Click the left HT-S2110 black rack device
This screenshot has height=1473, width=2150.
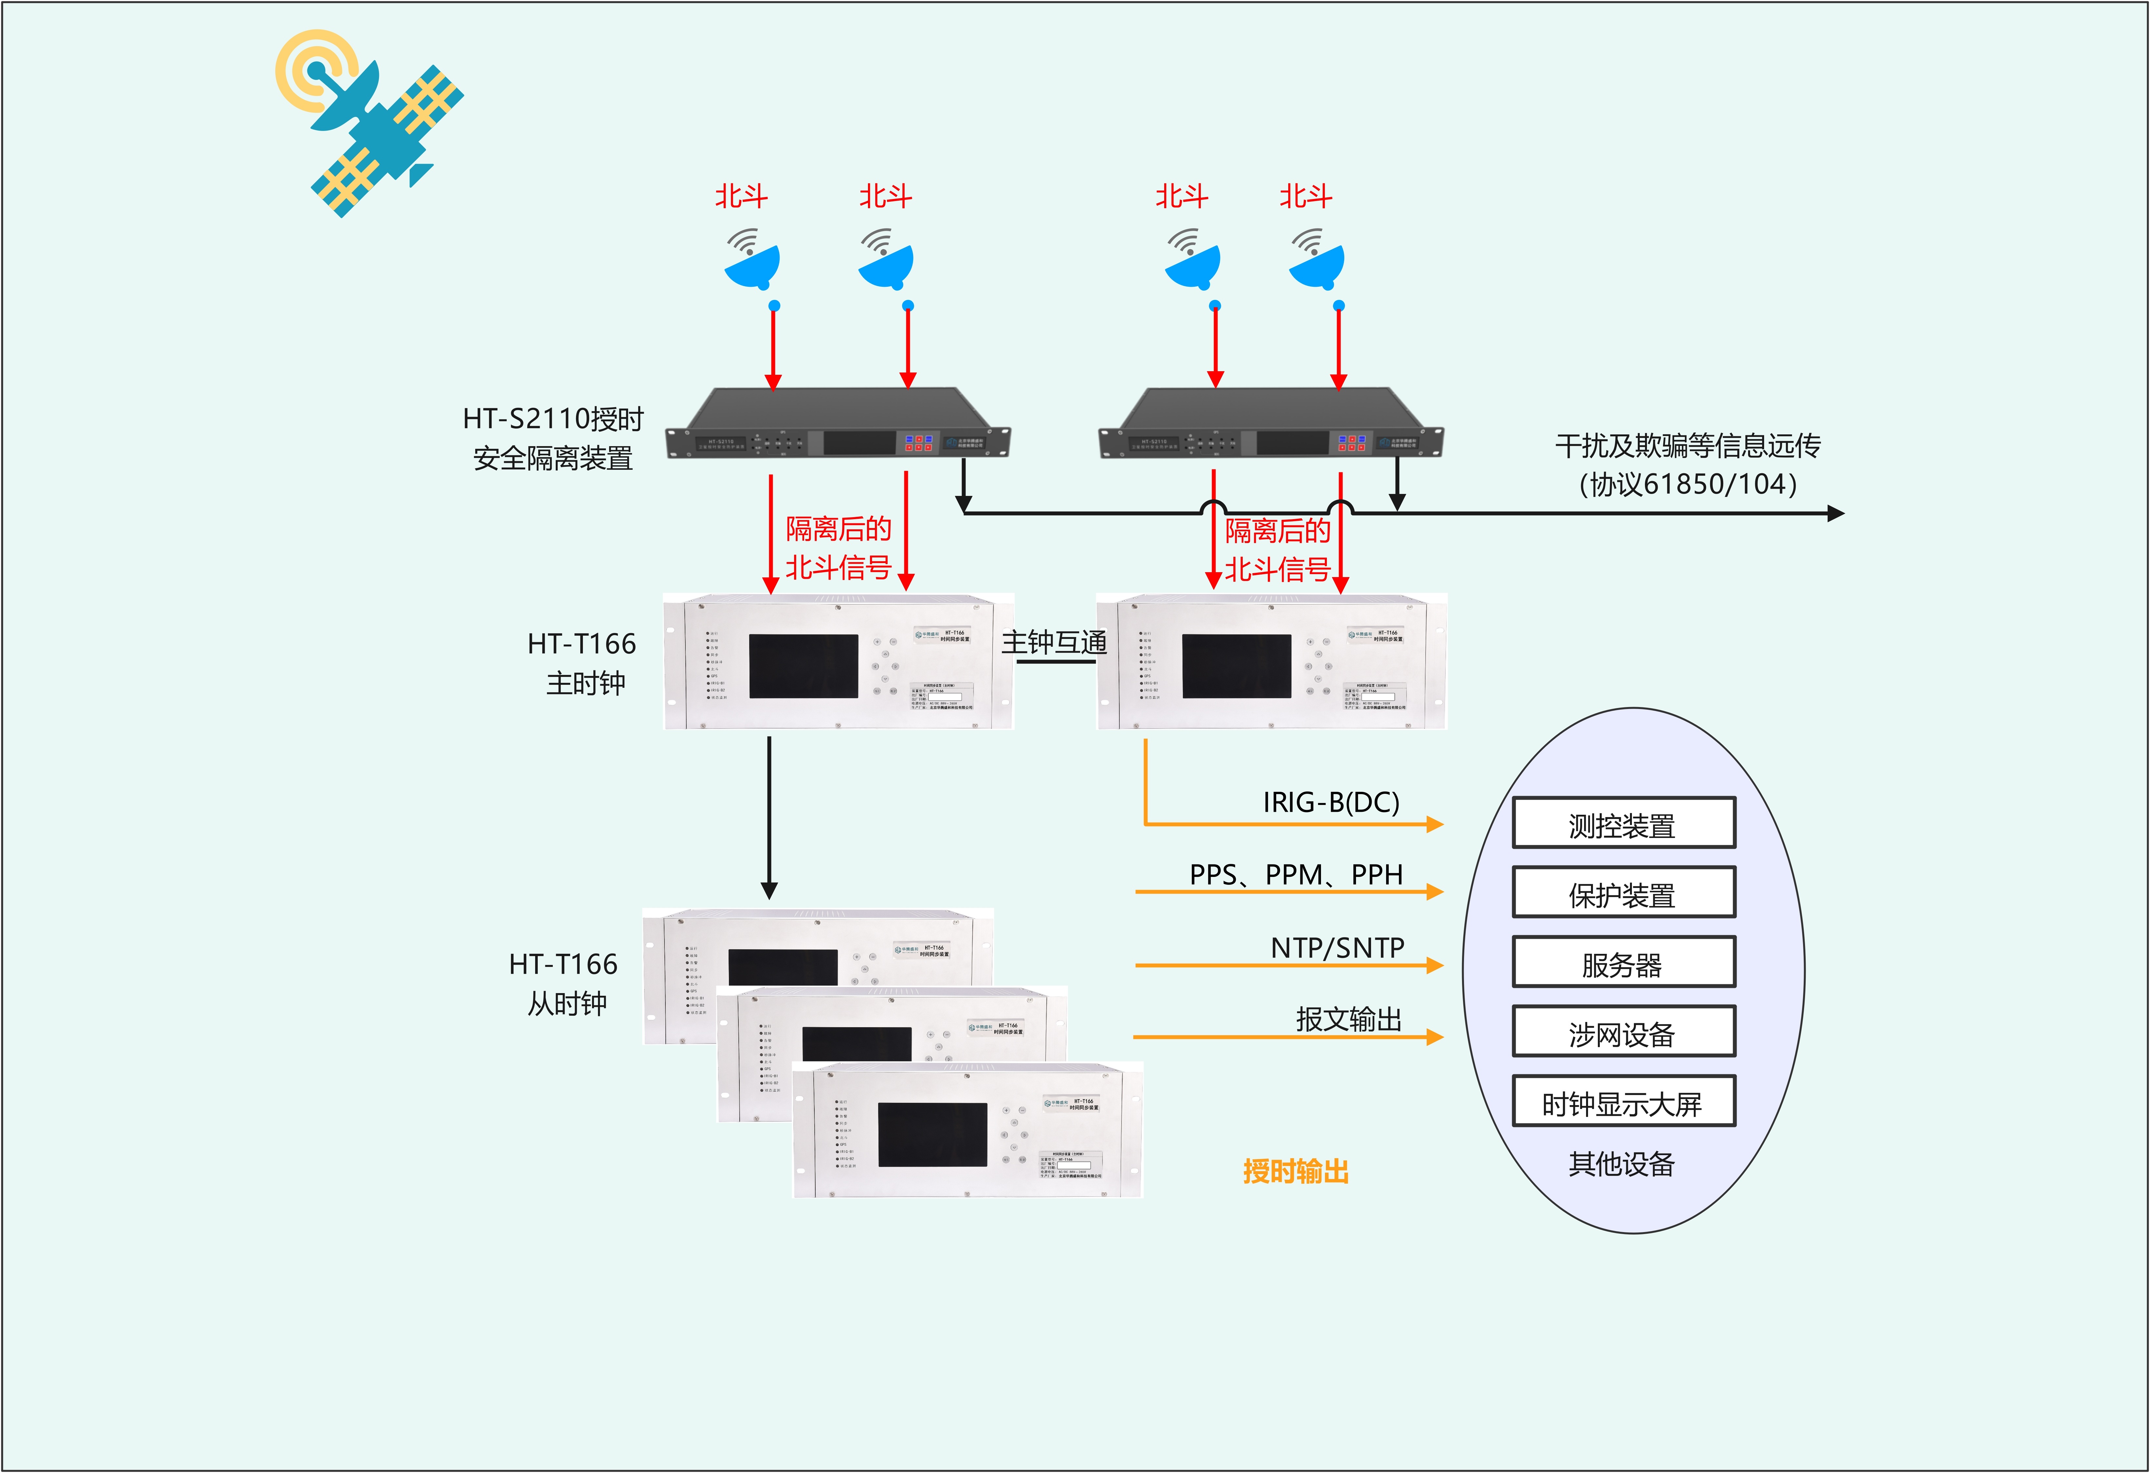click(837, 426)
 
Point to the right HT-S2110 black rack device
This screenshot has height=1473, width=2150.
click(1270, 426)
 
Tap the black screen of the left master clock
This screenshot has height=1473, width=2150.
click(803, 666)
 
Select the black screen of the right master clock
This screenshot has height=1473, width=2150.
click(1236, 666)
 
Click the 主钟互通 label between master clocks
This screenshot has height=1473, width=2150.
click(1054, 642)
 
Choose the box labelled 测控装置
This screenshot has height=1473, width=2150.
click(1623, 824)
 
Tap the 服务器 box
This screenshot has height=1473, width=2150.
click(1623, 963)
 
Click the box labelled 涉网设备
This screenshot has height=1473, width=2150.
click(1623, 1033)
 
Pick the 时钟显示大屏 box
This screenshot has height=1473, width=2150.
click(1623, 1102)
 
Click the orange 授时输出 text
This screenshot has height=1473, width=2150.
click(1295, 1172)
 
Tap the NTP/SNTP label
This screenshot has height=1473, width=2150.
click(1337, 947)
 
